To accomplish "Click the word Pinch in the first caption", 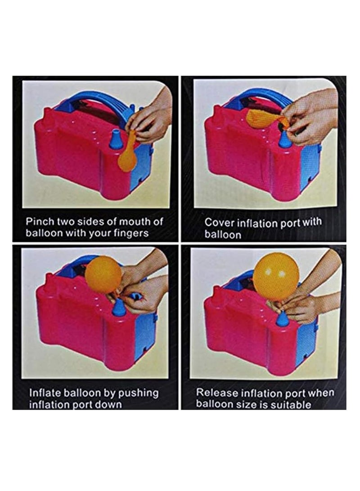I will [x=38, y=222].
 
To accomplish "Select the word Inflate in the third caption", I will [x=43, y=393].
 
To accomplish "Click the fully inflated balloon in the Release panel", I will [x=275, y=276].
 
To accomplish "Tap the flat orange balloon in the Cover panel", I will [x=263, y=118].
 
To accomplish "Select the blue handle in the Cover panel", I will [x=256, y=97].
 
